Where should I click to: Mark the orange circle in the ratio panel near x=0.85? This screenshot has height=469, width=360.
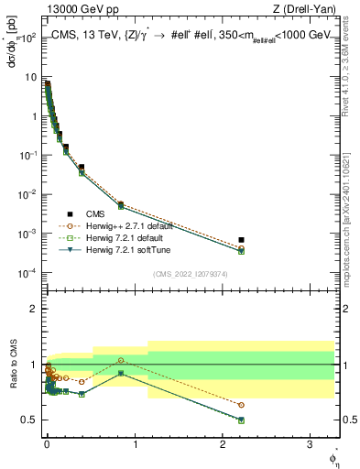tap(121, 360)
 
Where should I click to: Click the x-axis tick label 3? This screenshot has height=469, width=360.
tap(311, 442)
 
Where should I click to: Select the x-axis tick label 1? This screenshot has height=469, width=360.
tap(136, 442)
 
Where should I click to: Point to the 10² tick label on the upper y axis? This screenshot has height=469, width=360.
tap(27, 38)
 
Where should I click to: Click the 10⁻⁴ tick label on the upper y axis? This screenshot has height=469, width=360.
tap(27, 274)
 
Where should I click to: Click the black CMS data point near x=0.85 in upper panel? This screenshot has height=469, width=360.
tap(121, 204)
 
